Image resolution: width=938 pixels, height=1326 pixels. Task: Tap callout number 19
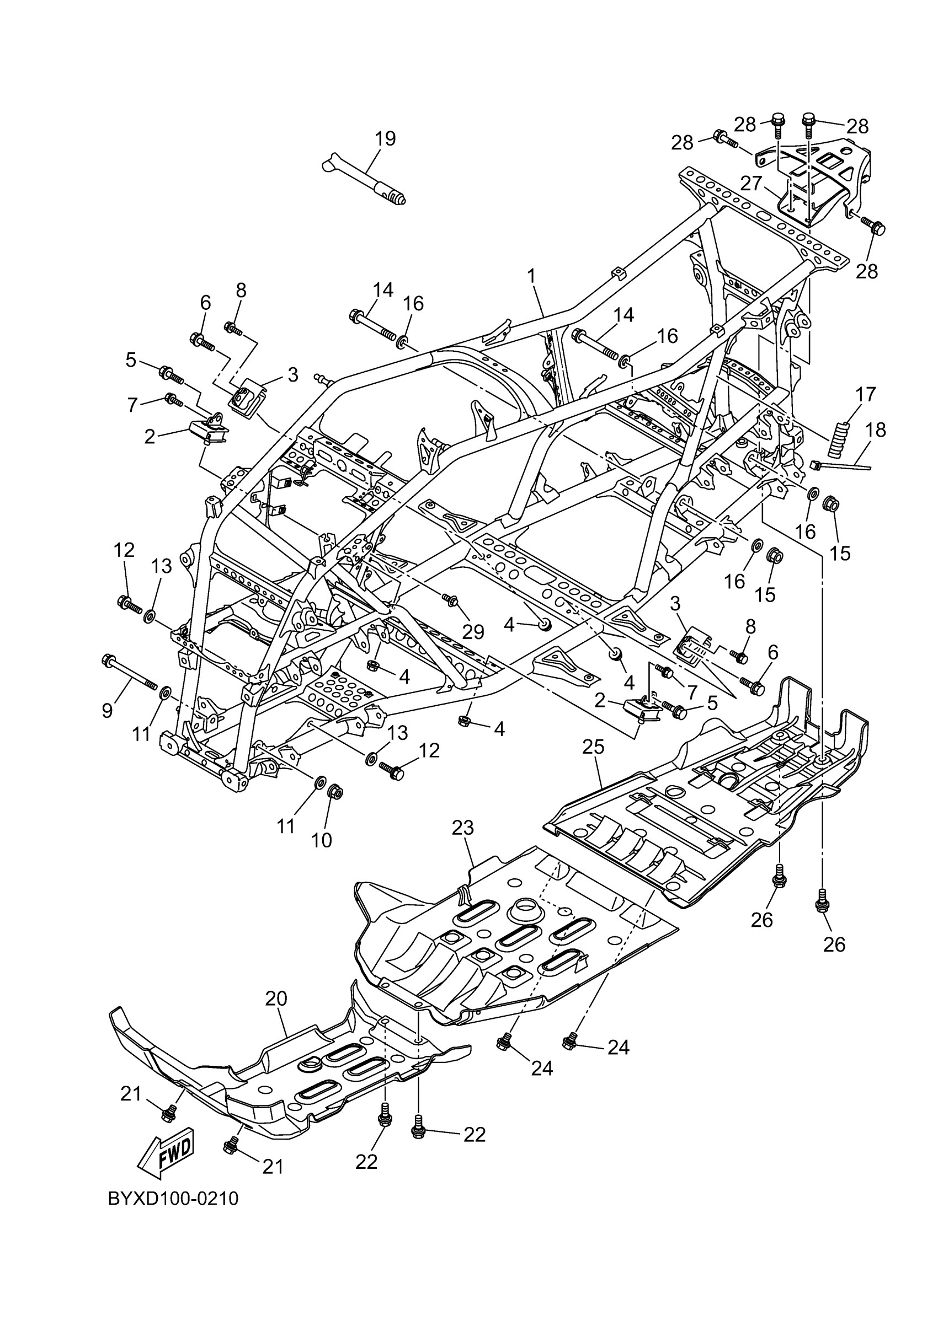[385, 138]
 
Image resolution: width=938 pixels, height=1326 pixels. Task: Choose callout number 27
[752, 183]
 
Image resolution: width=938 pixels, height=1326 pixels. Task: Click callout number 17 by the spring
[865, 394]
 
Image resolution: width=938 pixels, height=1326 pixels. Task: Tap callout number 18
[876, 430]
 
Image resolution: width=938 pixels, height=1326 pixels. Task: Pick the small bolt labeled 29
[450, 601]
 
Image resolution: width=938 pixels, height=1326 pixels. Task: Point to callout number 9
[107, 710]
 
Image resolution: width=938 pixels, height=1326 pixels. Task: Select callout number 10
[322, 840]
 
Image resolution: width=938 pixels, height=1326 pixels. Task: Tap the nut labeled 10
[334, 791]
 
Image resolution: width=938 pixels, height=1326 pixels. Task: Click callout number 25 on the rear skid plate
[593, 747]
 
